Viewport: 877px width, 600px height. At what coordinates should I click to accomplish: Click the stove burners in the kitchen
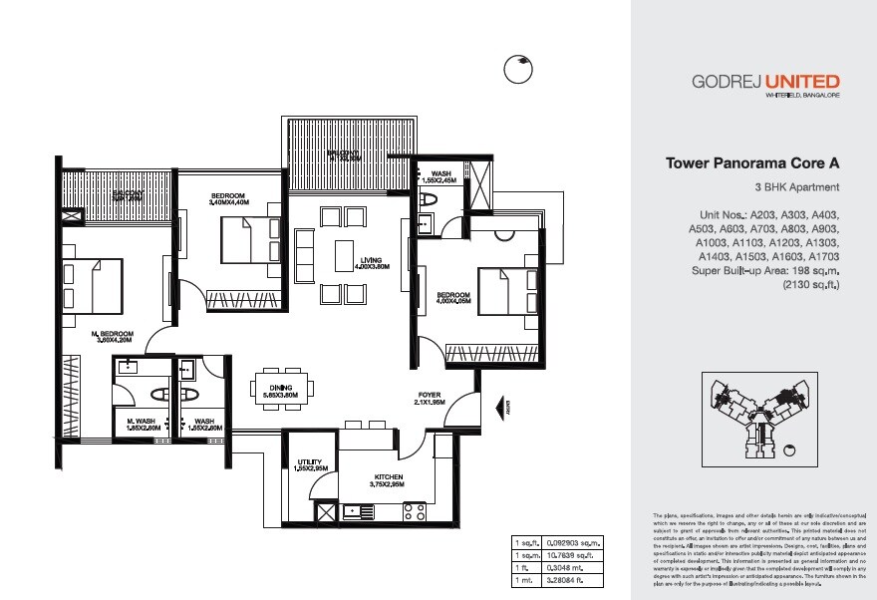[x=414, y=511]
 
